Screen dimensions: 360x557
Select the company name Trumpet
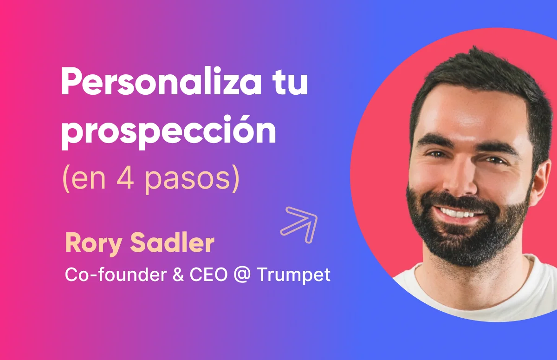(x=293, y=275)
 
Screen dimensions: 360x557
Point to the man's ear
(x=545, y=183)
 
